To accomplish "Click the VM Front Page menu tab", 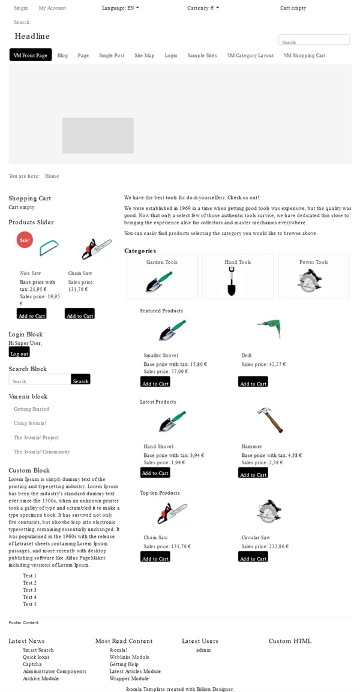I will [x=31, y=55].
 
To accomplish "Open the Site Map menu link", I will [x=144, y=56].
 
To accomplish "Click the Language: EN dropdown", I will [x=120, y=8].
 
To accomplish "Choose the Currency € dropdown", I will [x=203, y=8].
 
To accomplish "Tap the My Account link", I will [x=52, y=8].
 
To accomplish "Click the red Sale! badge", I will [x=25, y=239].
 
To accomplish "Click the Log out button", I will [x=19, y=353].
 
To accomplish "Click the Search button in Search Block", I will [x=80, y=381].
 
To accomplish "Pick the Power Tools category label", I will [x=313, y=263].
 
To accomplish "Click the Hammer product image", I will [x=269, y=419].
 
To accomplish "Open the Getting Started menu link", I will [x=31, y=409].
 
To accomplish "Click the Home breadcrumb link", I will [x=52, y=176].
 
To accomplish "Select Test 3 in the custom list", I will [x=29, y=590].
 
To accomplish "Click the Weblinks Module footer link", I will [x=129, y=657].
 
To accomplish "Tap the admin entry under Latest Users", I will [x=203, y=650].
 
